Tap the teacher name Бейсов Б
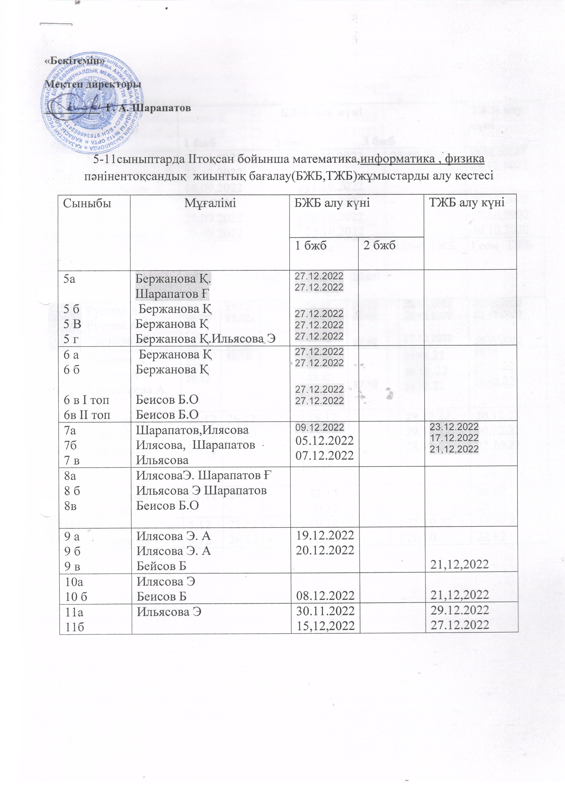click(161, 566)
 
